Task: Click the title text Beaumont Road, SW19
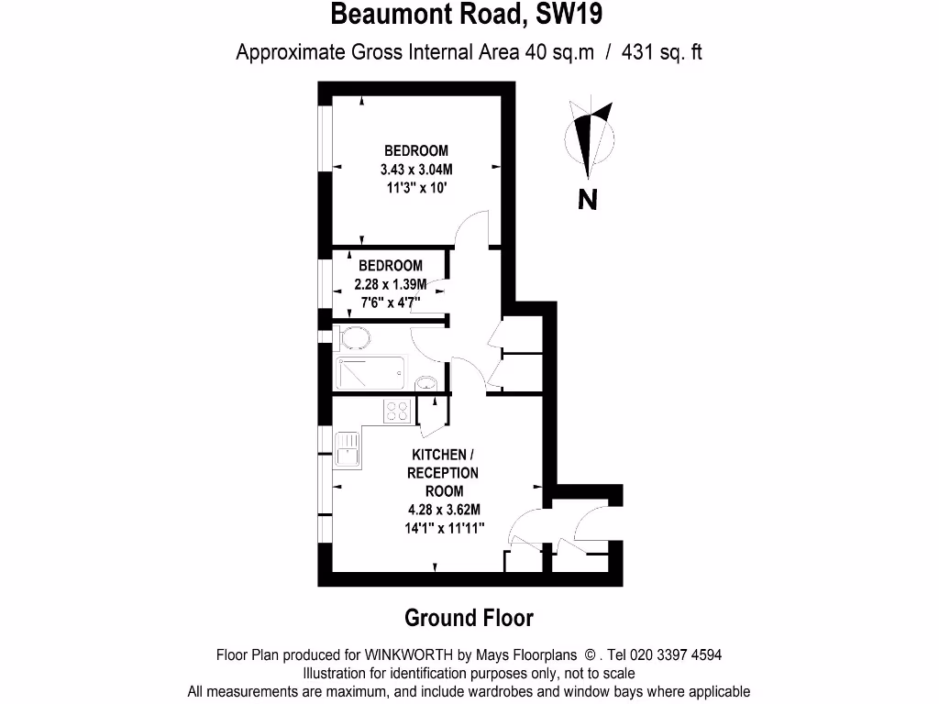[x=468, y=16]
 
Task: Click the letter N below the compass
[x=588, y=198]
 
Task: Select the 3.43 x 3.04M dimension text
[x=416, y=170]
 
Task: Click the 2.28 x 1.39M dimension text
[x=391, y=283]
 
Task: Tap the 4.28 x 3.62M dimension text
[x=444, y=510]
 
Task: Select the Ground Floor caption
[x=469, y=618]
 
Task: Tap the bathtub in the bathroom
[x=370, y=373]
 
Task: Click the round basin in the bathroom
[x=425, y=382]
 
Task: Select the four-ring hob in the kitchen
[x=397, y=412]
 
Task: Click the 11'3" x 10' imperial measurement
[x=416, y=188]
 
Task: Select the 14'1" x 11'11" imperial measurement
[x=444, y=528]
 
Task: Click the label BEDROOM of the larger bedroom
[x=416, y=151]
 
